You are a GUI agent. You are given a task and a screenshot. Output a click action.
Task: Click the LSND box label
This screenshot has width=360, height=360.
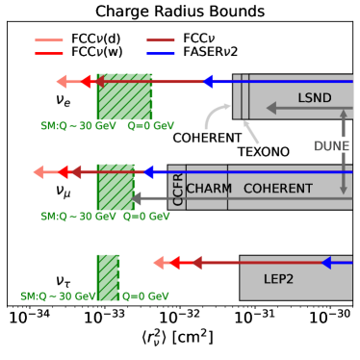(x=314, y=98)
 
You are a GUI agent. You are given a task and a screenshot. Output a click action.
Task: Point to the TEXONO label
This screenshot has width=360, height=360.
(x=263, y=152)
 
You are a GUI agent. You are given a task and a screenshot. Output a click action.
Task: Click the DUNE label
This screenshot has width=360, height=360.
(x=331, y=145)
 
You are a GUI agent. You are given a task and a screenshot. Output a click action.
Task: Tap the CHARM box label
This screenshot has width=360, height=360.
(x=209, y=189)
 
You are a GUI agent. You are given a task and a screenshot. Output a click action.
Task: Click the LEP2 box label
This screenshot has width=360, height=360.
(x=278, y=279)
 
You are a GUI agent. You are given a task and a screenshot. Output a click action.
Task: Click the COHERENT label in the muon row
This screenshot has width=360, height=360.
(x=277, y=189)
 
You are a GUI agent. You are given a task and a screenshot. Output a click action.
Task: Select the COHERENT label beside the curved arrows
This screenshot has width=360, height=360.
(x=207, y=138)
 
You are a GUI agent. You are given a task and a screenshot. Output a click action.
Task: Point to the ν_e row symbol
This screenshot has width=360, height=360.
(x=64, y=99)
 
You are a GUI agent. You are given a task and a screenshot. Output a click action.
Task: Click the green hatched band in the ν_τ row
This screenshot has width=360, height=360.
(x=108, y=277)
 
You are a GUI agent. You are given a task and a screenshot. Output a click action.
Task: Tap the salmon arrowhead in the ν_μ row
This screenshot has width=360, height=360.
(x=39, y=172)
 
